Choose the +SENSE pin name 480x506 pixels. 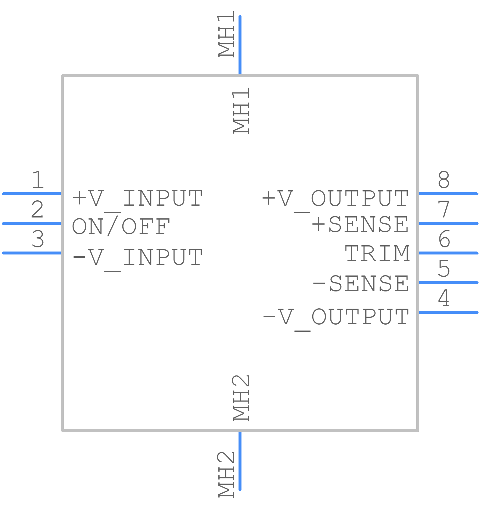360,224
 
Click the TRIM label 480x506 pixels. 377,253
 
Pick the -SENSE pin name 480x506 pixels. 361,283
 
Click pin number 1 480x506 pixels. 38,179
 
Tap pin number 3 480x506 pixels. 38,239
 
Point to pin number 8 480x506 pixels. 444,179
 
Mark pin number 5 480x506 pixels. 444,268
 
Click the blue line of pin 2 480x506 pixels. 32,223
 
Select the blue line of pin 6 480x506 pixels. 448,253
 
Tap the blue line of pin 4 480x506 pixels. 448,312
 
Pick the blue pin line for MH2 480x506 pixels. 240,461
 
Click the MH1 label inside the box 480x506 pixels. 241,111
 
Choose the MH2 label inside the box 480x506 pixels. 241,398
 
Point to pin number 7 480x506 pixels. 444,209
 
